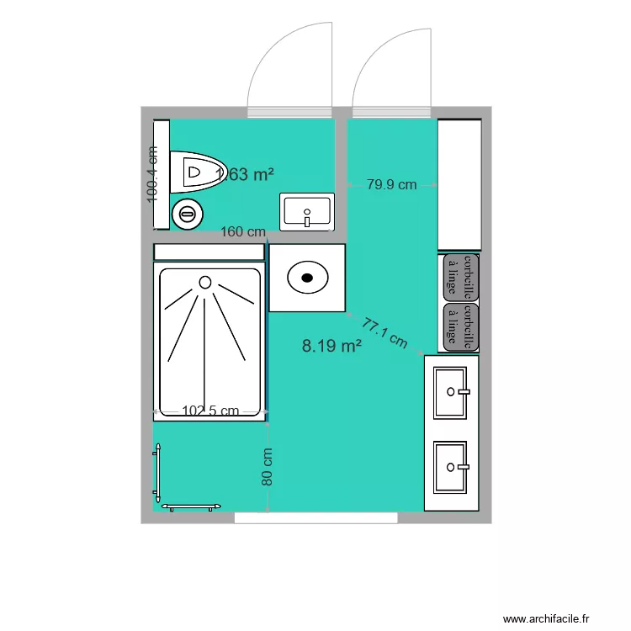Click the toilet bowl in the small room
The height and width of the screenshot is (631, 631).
point(197,172)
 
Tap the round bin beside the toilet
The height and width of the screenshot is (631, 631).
point(187,215)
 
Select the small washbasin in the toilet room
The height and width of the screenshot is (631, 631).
point(308,210)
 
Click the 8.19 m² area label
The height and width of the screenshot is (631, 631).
point(331,344)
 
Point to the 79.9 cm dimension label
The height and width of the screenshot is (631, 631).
point(391,185)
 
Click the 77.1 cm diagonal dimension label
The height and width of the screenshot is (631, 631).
point(384,331)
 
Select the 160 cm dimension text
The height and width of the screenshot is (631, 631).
point(243,231)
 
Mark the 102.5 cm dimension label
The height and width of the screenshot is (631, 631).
point(210,411)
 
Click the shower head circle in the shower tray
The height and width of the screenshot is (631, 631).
point(205,282)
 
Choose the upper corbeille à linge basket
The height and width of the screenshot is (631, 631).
point(460,278)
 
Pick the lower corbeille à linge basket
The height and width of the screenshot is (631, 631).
point(460,326)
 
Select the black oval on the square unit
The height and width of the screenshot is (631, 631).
point(307,276)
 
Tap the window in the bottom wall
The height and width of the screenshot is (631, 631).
point(315,518)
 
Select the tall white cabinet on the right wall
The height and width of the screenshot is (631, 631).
point(459,185)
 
